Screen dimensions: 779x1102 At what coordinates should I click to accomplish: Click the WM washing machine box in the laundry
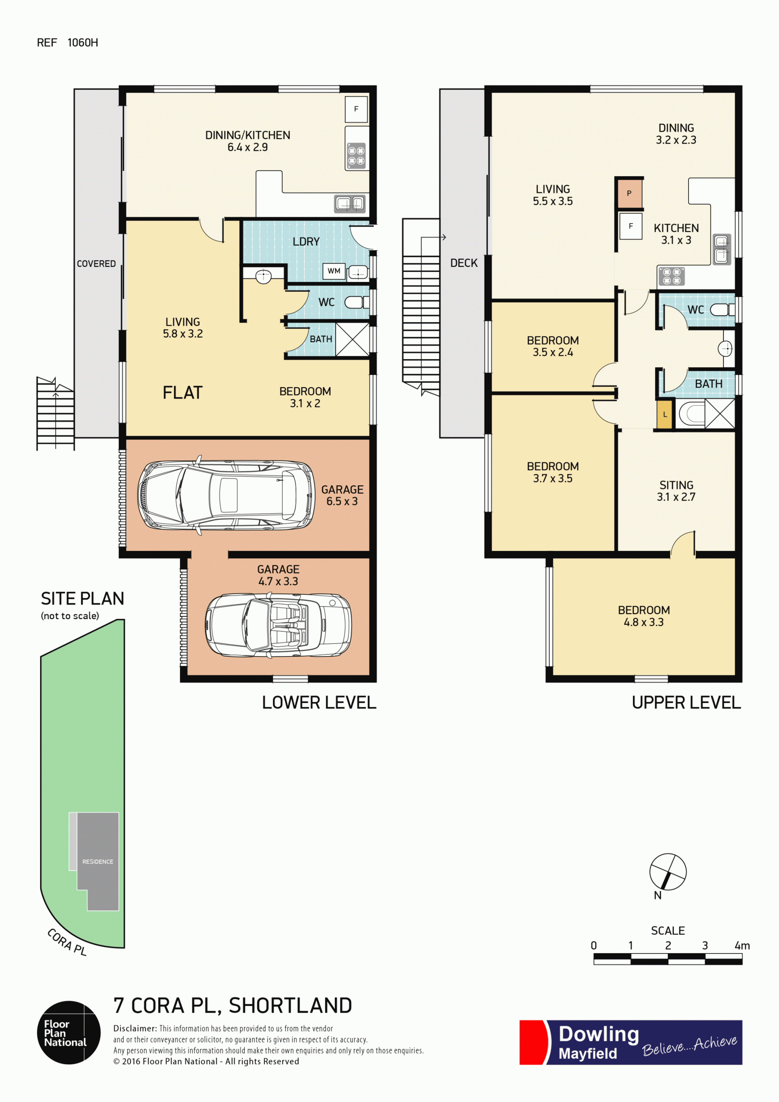coord(334,271)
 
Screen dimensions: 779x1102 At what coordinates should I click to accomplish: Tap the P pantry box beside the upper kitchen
coord(629,194)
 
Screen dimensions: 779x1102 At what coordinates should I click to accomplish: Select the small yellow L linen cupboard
coord(665,414)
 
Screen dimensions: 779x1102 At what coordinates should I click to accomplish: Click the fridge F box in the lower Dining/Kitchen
coord(356,109)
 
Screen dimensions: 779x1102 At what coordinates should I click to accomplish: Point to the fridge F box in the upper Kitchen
coord(631,226)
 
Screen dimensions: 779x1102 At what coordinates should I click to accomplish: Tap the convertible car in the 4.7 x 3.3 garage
coord(278,624)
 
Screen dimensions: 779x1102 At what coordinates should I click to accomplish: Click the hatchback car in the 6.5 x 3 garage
coord(226,495)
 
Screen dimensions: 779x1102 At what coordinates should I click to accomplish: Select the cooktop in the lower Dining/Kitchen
coord(357,155)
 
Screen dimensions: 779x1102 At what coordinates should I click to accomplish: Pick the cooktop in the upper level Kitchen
coord(671,276)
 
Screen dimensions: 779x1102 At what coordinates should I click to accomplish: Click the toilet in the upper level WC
coord(722,310)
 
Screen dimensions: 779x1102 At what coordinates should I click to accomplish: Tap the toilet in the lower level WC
coord(357,302)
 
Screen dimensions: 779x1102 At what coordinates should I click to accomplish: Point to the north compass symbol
coord(668,872)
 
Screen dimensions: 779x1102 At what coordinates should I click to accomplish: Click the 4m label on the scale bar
coord(742,945)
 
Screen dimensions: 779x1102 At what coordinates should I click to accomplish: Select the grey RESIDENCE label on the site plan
coord(97,861)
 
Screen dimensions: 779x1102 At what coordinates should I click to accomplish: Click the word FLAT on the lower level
coord(183,393)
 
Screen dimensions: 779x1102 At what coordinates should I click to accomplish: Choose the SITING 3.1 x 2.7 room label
coord(676,491)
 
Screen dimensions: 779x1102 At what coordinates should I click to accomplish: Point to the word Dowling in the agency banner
coord(598,1034)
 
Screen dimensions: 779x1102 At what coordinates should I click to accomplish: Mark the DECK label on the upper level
coord(464,263)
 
